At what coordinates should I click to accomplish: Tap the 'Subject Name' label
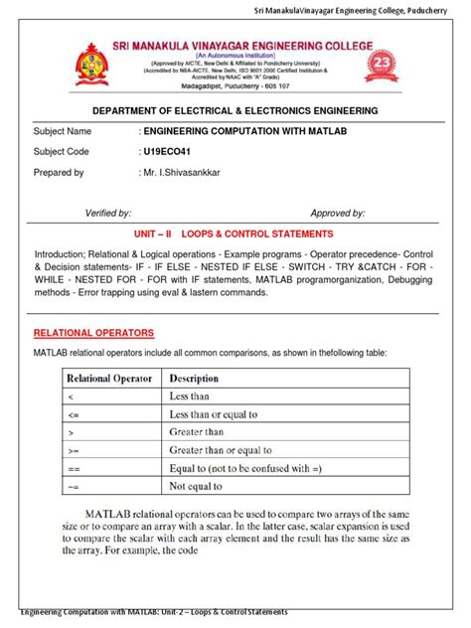63,131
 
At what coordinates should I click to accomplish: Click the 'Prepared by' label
59,173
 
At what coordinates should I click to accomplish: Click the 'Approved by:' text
338,213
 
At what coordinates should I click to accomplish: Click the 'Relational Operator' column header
109,379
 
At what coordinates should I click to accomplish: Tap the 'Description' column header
194,379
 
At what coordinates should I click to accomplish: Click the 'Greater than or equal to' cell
227,451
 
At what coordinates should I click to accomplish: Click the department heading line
235,110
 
